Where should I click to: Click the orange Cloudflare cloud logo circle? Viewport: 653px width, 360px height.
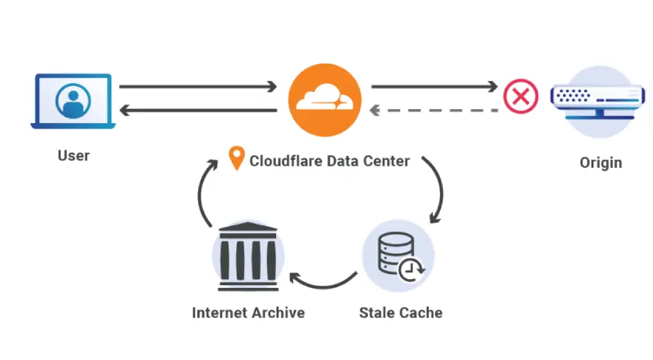(324, 100)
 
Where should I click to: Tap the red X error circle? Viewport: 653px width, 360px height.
(521, 97)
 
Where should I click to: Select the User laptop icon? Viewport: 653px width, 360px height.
(73, 101)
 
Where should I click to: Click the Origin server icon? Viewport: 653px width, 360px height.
(596, 101)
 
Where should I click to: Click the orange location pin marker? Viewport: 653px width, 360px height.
(237, 159)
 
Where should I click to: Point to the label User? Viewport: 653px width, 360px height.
(73, 157)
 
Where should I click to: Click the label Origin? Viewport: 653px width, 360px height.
(600, 163)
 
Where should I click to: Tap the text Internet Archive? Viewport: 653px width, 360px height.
(248, 312)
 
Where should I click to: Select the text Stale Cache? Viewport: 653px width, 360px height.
(401, 312)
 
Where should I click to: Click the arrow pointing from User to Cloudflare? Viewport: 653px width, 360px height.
(198, 87)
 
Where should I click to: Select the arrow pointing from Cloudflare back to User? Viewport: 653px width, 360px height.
(198, 111)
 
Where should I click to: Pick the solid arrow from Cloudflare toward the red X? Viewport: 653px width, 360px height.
(434, 87)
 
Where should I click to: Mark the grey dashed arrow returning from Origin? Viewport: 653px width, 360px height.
(434, 111)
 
